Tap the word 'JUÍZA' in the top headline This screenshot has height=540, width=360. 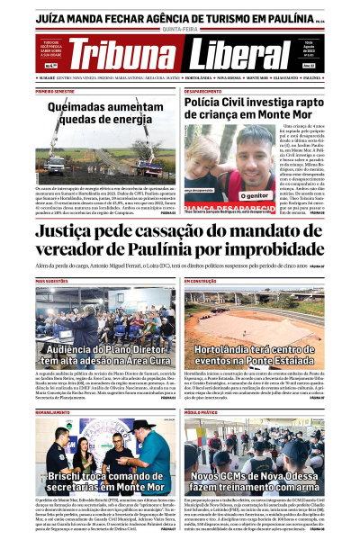coord(52,15)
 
